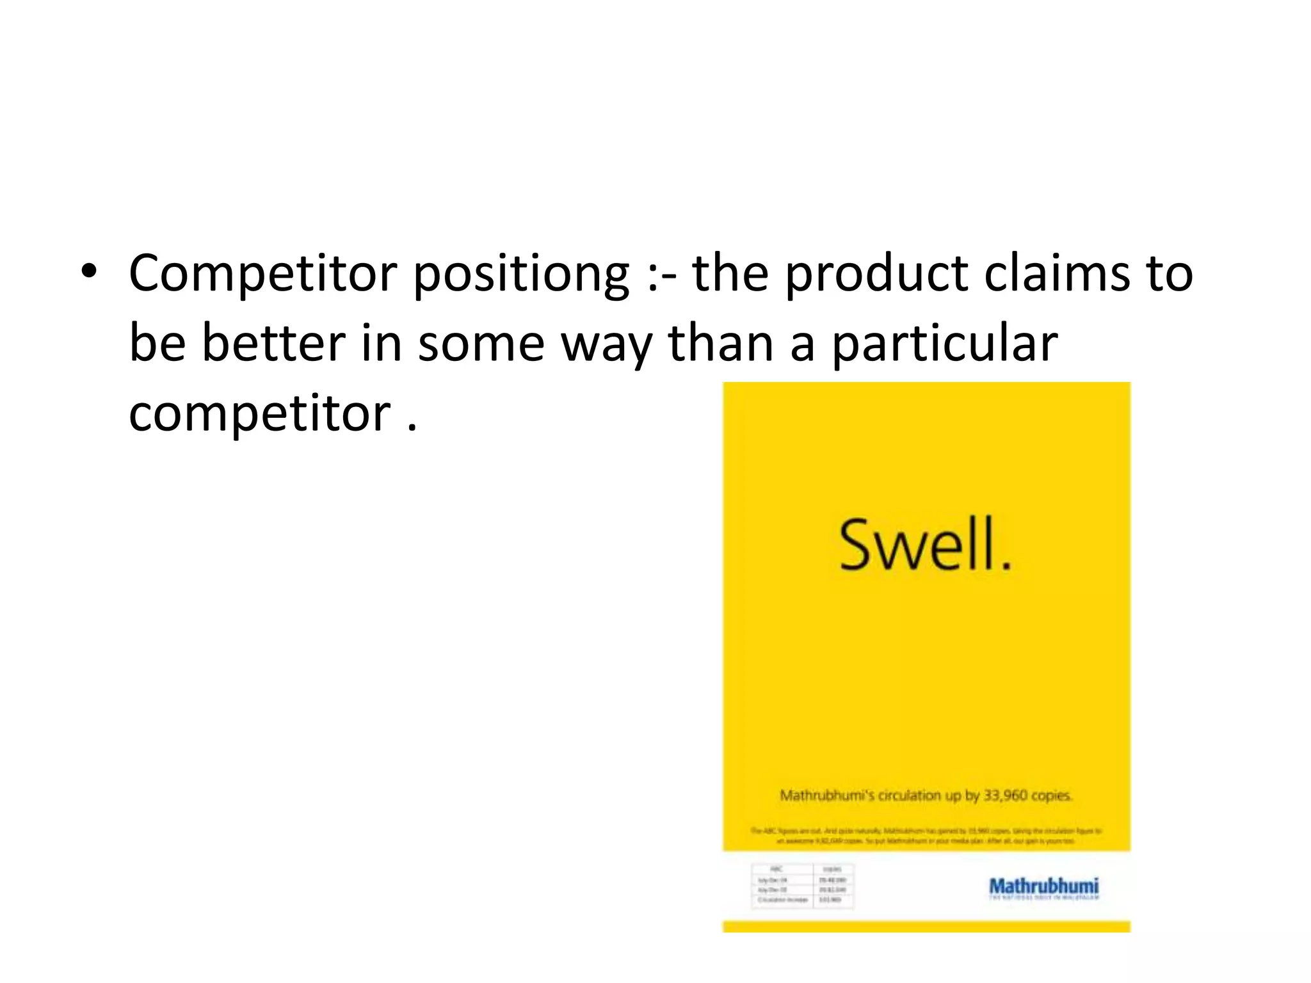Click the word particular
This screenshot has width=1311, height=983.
pyautogui.click(x=944, y=344)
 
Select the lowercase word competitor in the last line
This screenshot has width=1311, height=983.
pyautogui.click(x=260, y=414)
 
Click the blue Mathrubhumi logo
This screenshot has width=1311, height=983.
pyautogui.click(x=1043, y=887)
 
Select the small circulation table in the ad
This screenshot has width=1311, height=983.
pyautogui.click(x=803, y=885)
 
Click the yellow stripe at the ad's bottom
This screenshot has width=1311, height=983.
pyautogui.click(x=926, y=926)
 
